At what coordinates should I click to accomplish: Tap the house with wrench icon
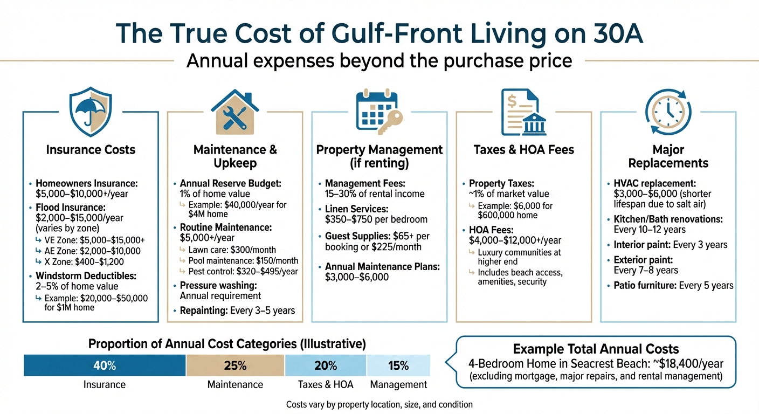coord(235,113)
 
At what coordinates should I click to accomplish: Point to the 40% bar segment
coord(105,366)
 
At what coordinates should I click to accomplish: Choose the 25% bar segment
coord(235,366)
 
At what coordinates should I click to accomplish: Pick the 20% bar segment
coord(325,366)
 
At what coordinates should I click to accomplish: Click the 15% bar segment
coord(398,366)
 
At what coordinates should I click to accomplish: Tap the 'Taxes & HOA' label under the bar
coord(325,384)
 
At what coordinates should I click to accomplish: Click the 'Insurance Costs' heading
coord(91,150)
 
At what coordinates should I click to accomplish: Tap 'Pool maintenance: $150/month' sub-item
coord(243,260)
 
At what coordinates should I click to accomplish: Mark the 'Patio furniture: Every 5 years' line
coord(673,285)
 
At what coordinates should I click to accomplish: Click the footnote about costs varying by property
coord(379,404)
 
